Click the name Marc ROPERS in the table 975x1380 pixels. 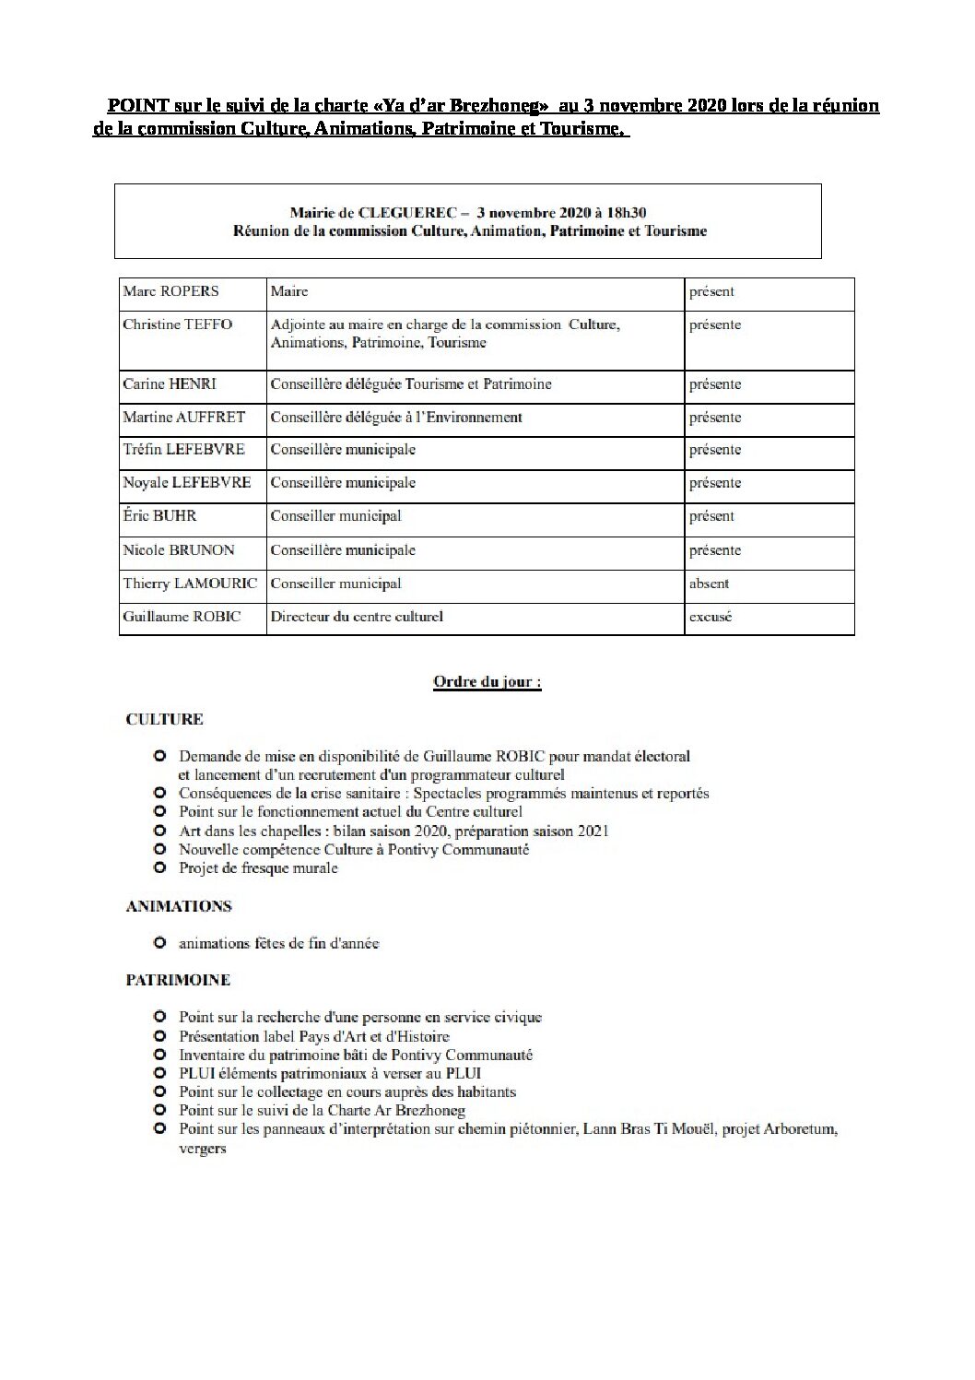coord(170,291)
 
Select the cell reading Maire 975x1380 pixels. coord(289,291)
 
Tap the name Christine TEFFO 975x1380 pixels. coord(177,324)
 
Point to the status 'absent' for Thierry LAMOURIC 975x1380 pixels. coord(709,584)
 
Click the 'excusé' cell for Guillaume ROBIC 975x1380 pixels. coord(710,617)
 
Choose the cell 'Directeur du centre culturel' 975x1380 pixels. coord(356,617)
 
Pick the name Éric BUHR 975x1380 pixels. coord(159,516)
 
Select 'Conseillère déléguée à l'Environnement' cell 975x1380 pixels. coord(396,418)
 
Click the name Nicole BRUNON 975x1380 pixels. coord(178,550)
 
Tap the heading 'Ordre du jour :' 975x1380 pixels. coord(487,683)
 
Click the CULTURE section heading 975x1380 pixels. coord(164,719)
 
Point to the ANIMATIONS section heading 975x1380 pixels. coord(178,906)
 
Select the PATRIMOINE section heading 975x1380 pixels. coord(178,980)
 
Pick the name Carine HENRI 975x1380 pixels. coord(169,384)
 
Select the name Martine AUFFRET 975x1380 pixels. coord(183,418)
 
